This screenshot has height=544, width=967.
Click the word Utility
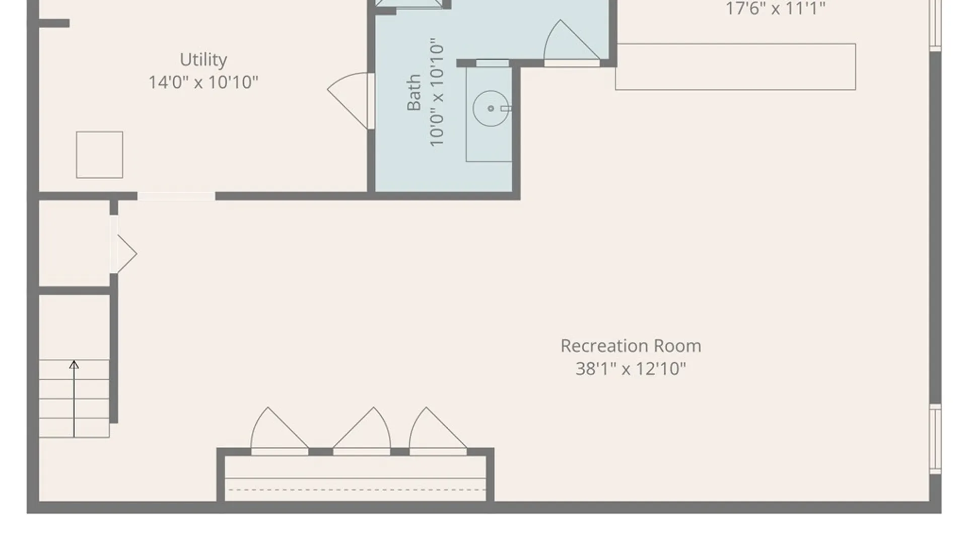[x=203, y=60]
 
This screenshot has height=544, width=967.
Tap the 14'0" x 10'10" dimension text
[x=203, y=82]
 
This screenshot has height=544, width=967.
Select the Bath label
[x=414, y=92]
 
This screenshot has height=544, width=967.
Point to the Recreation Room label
[x=631, y=346]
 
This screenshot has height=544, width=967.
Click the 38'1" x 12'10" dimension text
[x=631, y=369]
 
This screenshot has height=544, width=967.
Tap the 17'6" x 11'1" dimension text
[x=775, y=9]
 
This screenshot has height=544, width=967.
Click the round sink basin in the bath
[x=491, y=108]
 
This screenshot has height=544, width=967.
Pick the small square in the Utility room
[x=99, y=155]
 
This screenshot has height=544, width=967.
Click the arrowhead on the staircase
[x=74, y=364]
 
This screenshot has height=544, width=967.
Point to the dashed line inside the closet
[x=355, y=490]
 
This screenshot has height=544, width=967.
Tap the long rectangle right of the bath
[x=735, y=67]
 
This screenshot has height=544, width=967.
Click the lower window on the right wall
[x=935, y=439]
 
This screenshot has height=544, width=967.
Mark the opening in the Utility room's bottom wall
[x=176, y=196]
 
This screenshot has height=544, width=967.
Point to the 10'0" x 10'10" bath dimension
[x=437, y=92]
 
